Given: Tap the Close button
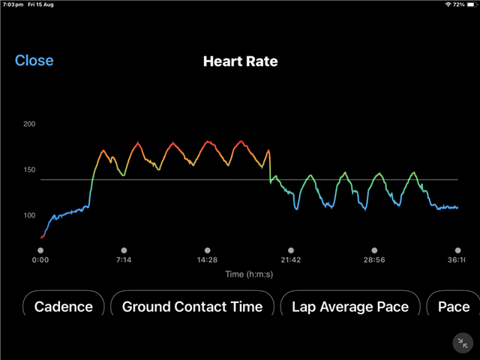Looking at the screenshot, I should click(34, 61).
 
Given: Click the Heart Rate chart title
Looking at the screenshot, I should click(240, 61).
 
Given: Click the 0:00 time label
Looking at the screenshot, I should click(40, 259).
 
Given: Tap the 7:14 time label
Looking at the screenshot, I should click(124, 259).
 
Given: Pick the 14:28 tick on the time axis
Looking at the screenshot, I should click(207, 259).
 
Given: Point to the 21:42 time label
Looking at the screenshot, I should click(291, 259).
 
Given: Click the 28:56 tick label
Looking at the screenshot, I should click(374, 259).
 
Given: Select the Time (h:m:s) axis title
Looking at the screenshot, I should click(250, 274).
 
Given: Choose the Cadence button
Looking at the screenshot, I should click(64, 306).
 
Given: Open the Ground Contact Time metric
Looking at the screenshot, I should click(192, 306).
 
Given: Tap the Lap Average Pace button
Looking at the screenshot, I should click(350, 306).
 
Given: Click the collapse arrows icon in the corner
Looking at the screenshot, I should click(463, 343).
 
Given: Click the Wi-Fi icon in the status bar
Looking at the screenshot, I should click(448, 4).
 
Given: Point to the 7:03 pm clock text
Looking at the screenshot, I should click(13, 4).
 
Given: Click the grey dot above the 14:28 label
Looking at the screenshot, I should click(207, 250).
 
